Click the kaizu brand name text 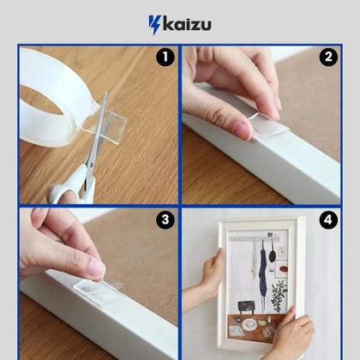[187, 25]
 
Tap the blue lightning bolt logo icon [155, 25]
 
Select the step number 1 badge [165, 57]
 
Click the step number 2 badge [328, 57]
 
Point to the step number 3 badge [165, 220]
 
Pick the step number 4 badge [328, 220]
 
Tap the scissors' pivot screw [91, 165]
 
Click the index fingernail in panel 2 [243, 130]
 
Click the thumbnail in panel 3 [97, 268]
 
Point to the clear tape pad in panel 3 [97, 290]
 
